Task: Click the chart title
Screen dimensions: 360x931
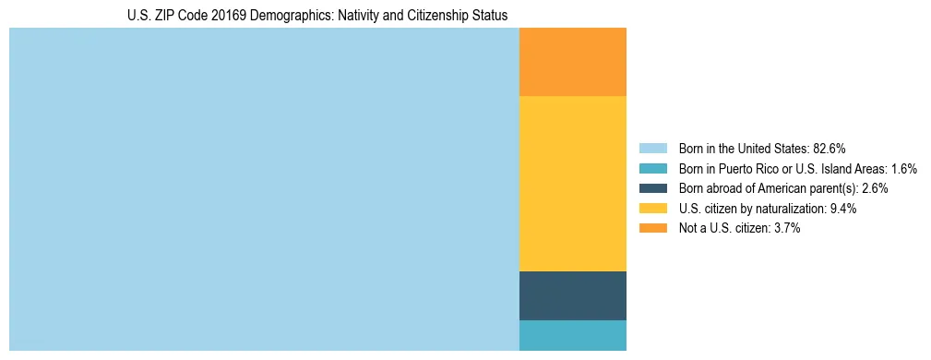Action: [317, 16]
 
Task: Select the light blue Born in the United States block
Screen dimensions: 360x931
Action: [264, 189]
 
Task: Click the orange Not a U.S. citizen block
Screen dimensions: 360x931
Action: [573, 62]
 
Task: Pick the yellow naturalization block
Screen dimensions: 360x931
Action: [573, 184]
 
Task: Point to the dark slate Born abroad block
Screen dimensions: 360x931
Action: [573, 295]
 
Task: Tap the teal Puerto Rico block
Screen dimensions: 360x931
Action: [573, 335]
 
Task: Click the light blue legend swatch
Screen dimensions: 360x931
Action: [652, 149]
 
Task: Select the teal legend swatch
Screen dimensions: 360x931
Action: [652, 169]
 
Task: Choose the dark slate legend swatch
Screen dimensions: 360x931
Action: [652, 188]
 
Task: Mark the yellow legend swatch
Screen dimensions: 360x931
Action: [652, 209]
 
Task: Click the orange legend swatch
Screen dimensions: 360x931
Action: [652, 228]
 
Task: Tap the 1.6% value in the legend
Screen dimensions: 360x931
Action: [904, 169]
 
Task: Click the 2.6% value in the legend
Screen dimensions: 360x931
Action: [875, 188]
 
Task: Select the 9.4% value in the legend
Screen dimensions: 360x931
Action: [843, 209]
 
